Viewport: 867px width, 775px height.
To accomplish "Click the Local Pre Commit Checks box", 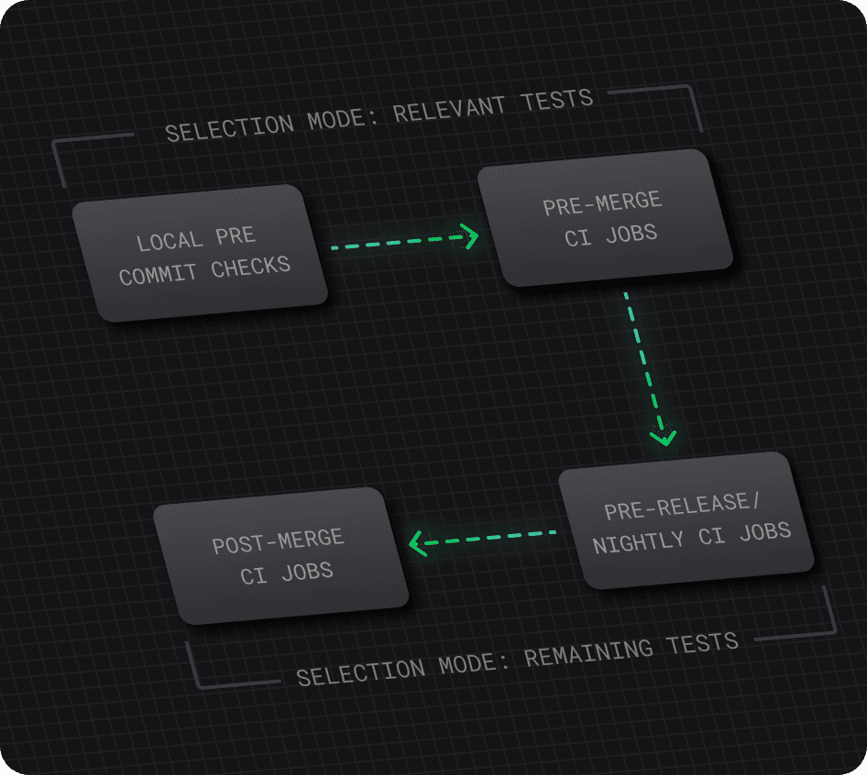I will (200, 253).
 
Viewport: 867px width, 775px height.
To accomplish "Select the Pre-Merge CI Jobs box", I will (604, 218).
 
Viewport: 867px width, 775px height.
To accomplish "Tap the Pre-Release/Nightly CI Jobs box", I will (686, 520).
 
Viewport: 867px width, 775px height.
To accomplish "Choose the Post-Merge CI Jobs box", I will (280, 556).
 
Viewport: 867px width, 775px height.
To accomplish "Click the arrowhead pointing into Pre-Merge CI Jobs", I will (470, 237).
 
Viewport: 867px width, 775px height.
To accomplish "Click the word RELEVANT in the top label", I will (449, 109).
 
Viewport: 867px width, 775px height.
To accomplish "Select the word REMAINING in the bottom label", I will (590, 654).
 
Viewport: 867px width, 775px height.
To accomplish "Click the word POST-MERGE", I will (278, 540).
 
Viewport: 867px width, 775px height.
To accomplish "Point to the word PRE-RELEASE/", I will (676, 507).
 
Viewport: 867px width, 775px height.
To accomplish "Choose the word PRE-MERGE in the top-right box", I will (602, 203).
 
